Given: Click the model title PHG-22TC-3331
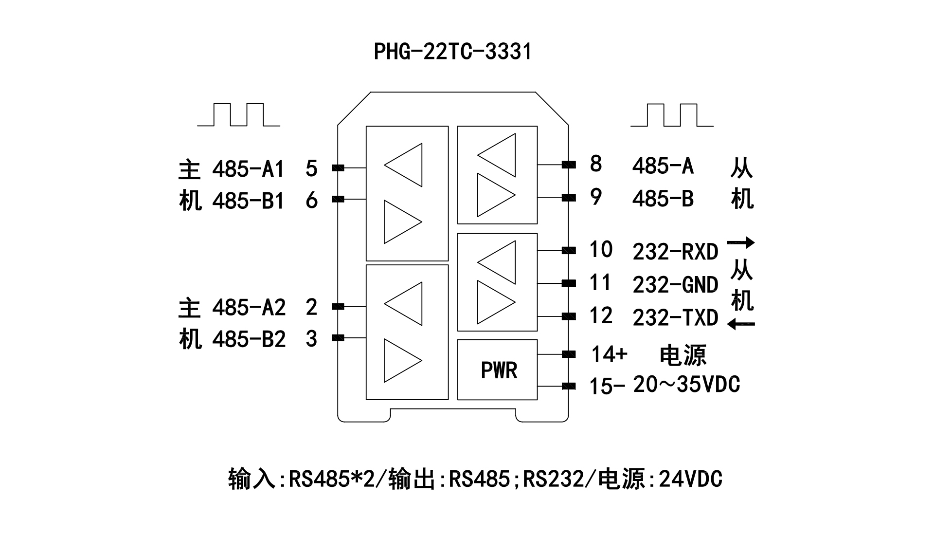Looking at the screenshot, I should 452,52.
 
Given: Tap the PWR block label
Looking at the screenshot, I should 499,370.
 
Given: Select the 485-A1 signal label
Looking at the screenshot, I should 248,169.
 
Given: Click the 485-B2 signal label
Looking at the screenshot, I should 249,339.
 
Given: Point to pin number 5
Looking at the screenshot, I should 311,168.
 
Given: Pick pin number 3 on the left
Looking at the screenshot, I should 311,339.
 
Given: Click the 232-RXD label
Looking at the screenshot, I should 675,252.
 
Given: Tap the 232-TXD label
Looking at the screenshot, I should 675,318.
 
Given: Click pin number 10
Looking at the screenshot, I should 601,250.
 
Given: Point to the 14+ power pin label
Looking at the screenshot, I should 609,354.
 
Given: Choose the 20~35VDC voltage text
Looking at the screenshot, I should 686,385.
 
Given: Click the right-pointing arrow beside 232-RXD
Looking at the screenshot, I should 741,242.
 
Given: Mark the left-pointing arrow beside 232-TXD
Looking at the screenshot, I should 741,324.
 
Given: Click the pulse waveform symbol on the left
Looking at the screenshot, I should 238,115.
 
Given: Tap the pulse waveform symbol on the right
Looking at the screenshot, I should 672,115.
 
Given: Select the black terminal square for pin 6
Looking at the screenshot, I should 338,199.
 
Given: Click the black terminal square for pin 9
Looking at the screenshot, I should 569,198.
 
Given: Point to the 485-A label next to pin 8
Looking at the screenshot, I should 663,166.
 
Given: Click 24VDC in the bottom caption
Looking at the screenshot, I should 690,479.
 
